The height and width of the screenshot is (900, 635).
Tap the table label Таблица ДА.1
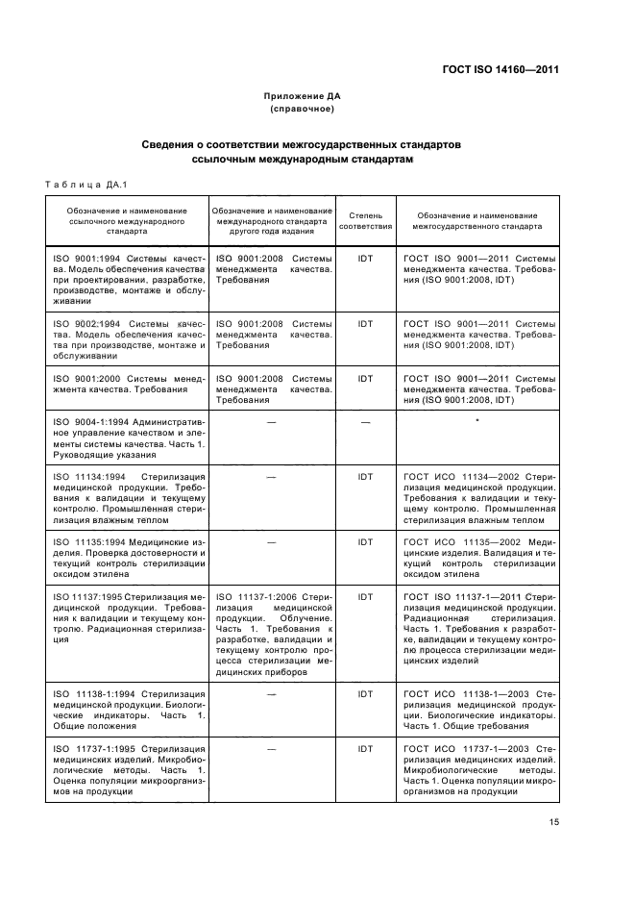pyautogui.click(x=86, y=184)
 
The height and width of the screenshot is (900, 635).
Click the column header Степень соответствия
pyautogui.click(x=365, y=222)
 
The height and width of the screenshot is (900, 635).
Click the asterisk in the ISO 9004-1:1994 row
pyautogui.click(x=476, y=421)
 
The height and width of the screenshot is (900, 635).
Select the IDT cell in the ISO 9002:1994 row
pyautogui.click(x=365, y=324)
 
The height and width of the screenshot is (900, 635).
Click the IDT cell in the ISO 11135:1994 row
pyautogui.click(x=365, y=541)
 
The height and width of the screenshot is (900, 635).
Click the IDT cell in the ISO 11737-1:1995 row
pyautogui.click(x=365, y=747)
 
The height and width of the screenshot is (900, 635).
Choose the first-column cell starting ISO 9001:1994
pyautogui.click(x=128, y=280)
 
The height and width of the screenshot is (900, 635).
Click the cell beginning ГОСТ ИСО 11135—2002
pyautogui.click(x=476, y=559)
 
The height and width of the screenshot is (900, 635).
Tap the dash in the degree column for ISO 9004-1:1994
pyautogui.click(x=365, y=421)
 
